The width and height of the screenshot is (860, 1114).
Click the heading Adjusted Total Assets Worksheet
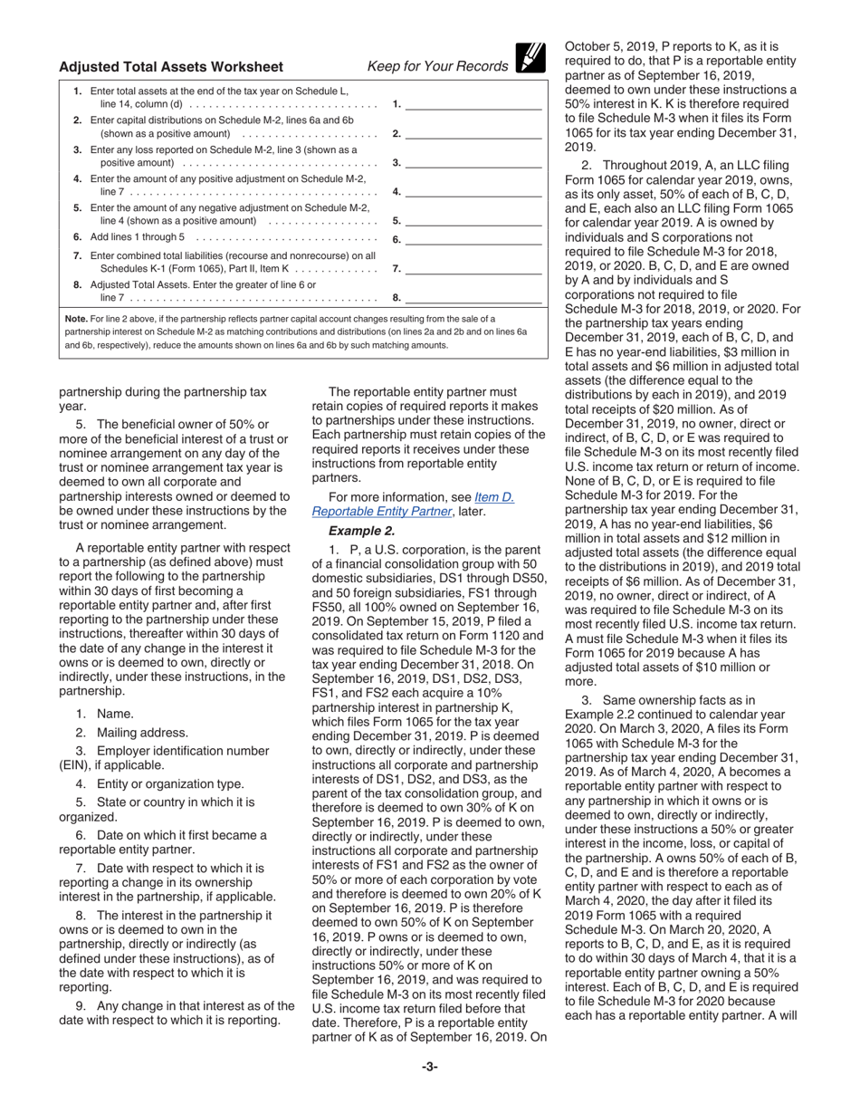(x=171, y=66)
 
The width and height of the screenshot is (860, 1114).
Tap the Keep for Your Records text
(x=437, y=66)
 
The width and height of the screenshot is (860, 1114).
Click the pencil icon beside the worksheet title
(x=530, y=58)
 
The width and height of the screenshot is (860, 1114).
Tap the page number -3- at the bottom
(x=429, y=1066)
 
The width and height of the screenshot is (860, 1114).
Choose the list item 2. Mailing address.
(x=131, y=733)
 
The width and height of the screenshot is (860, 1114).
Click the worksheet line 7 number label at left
(x=77, y=255)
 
